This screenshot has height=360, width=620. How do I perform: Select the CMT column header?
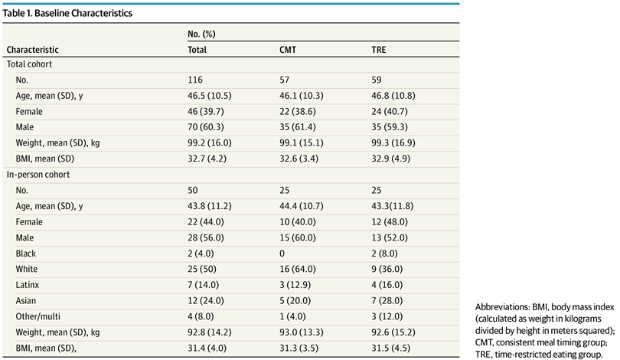point(289,50)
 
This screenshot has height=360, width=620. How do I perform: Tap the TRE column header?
point(379,50)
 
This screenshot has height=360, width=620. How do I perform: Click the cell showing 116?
point(195,80)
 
